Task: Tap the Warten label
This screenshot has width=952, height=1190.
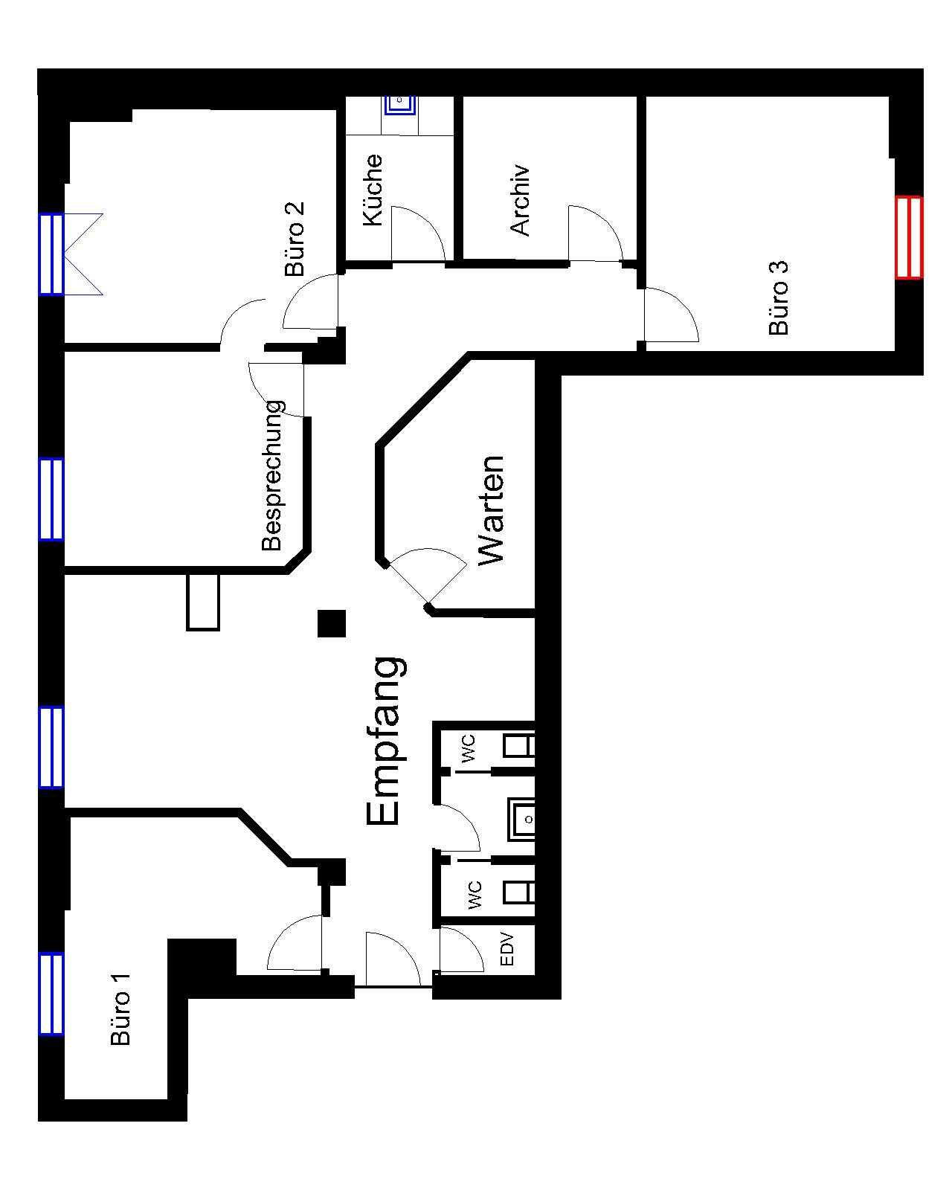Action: [x=490, y=510]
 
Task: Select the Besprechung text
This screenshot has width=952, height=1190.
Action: [x=271, y=475]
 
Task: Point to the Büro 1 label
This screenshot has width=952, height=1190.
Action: [x=120, y=1010]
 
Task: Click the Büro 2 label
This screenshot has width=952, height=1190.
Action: [x=295, y=239]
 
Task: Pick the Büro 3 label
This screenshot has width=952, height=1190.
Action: [x=778, y=297]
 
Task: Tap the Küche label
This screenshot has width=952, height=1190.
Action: [x=373, y=190]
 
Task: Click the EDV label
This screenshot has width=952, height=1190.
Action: [x=506, y=950]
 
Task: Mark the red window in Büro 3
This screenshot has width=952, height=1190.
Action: [x=908, y=237]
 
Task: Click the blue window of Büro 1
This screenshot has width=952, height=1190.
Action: [x=51, y=993]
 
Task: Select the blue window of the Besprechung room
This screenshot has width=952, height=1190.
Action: [x=51, y=499]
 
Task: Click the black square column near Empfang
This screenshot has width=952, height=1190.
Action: [x=332, y=623]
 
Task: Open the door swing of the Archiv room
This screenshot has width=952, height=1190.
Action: [x=595, y=233]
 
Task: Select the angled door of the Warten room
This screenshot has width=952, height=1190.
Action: [x=426, y=575]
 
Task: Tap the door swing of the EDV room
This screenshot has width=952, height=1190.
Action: [x=462, y=949]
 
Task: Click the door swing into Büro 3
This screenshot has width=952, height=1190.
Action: [x=672, y=315]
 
